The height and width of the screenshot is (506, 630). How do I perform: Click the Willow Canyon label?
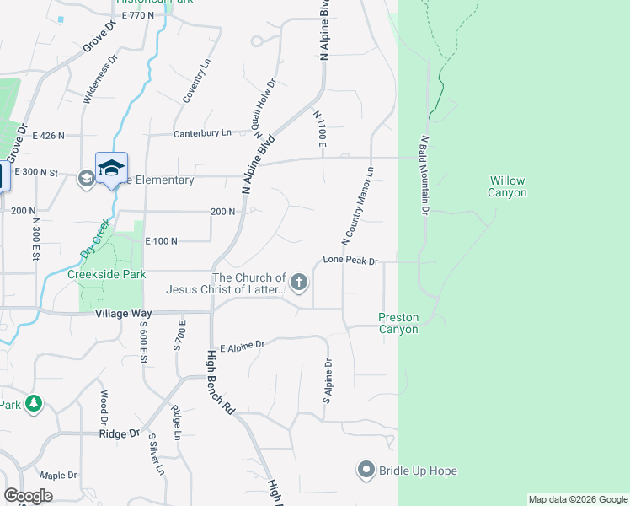pyautogui.click(x=507, y=186)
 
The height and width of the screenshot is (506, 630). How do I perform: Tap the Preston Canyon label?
pyautogui.click(x=398, y=323)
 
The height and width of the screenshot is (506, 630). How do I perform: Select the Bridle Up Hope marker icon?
pyautogui.click(x=366, y=470)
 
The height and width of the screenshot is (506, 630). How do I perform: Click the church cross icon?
pyautogui.click(x=299, y=284)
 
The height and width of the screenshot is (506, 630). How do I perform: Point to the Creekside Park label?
pyautogui.click(x=107, y=274)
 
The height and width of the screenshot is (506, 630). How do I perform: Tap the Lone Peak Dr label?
pyautogui.click(x=350, y=262)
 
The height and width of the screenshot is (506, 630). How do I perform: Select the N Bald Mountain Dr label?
pyautogui.click(x=426, y=174)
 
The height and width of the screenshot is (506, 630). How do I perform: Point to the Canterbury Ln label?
pyautogui.click(x=202, y=133)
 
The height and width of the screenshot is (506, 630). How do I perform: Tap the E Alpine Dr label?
pyautogui.click(x=242, y=346)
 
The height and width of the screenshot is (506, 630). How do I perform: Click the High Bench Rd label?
pyautogui.click(x=219, y=383)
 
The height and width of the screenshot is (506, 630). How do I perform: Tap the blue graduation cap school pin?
pyautogui.click(x=111, y=169)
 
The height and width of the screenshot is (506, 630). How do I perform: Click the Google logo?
pyautogui.click(x=28, y=495)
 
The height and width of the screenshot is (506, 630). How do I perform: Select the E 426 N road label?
pyautogui.click(x=49, y=135)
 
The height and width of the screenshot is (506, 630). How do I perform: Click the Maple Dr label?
pyautogui.click(x=58, y=475)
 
